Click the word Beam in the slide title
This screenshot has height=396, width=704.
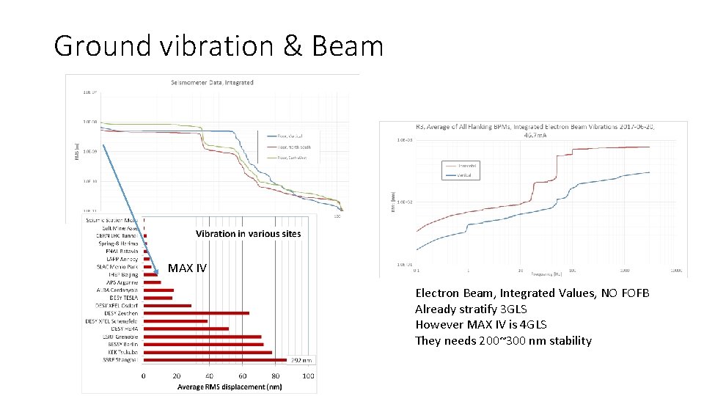tap(348, 46)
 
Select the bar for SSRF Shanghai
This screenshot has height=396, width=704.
tap(215, 360)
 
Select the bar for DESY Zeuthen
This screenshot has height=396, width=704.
tap(196, 313)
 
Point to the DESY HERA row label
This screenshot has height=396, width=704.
tap(121, 329)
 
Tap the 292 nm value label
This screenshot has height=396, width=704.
tap(301, 360)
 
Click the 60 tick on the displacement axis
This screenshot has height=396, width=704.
tap(243, 376)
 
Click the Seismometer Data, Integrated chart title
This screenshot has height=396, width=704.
tap(212, 82)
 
